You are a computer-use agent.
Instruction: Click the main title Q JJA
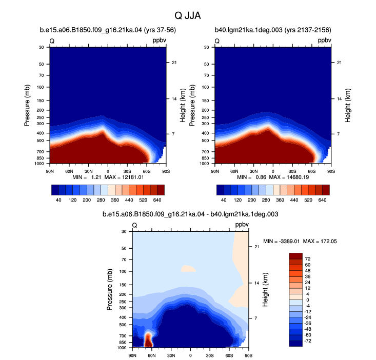(188, 16)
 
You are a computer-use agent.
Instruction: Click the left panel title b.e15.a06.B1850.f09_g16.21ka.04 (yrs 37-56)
(108, 30)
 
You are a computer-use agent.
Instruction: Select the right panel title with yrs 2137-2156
(273, 30)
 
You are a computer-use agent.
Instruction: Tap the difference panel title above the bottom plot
(190, 214)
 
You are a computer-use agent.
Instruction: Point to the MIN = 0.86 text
(251, 177)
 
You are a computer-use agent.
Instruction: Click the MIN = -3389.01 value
(282, 241)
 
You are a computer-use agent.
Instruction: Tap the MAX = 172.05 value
(320, 241)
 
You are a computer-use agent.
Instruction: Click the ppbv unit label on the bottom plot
(242, 225)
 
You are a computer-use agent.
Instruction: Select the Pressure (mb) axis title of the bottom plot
(109, 290)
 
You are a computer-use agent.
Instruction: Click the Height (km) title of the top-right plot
(347, 106)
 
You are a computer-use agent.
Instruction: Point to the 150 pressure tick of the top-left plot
(41, 101)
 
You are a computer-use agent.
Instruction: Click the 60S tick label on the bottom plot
(229, 355)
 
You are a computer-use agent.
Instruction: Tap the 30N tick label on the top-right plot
(254, 171)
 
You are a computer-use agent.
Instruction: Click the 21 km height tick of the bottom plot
(256, 247)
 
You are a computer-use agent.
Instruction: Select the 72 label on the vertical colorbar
(308, 259)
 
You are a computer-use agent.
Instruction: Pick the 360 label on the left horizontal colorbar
(115, 200)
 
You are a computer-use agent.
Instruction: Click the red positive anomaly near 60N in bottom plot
(148, 340)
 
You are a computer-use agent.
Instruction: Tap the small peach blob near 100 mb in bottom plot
(188, 268)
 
